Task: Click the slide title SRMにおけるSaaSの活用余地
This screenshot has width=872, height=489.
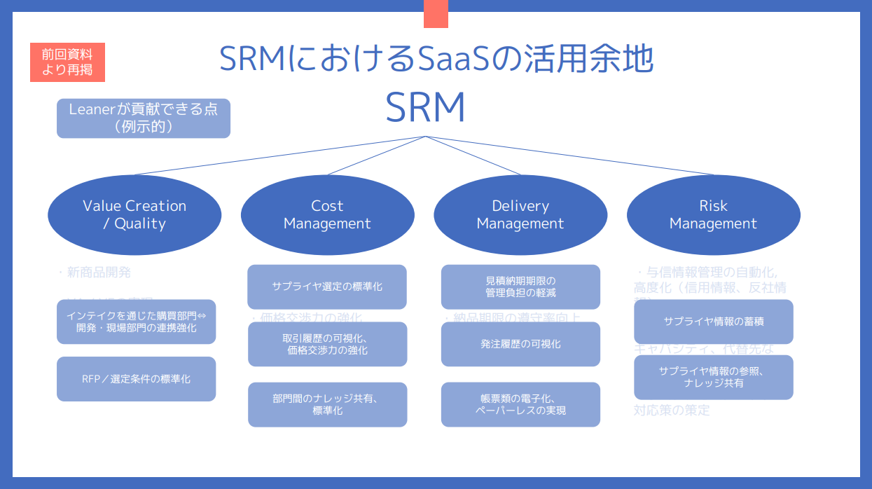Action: click(x=436, y=60)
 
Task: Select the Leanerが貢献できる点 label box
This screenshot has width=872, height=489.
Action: click(x=144, y=118)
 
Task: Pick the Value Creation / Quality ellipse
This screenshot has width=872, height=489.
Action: click(x=134, y=215)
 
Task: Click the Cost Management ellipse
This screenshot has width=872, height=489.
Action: click(x=327, y=215)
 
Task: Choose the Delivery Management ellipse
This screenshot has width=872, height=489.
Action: click(x=520, y=215)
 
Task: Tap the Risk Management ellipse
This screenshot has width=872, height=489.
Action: click(x=713, y=215)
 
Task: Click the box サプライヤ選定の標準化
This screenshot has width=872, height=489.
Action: click(x=327, y=287)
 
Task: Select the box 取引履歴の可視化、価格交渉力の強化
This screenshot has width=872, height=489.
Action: click(x=327, y=344)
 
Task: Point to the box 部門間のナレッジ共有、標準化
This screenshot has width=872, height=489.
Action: click(x=327, y=404)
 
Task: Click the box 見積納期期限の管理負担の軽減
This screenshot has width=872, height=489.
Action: click(x=520, y=287)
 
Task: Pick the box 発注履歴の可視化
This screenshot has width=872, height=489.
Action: click(x=520, y=344)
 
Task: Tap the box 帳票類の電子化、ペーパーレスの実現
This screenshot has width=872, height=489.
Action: click(x=520, y=404)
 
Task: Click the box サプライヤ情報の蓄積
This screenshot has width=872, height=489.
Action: click(x=713, y=322)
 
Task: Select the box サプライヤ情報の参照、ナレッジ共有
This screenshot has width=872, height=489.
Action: click(x=713, y=377)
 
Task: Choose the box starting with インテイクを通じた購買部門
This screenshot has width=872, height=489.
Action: click(x=136, y=322)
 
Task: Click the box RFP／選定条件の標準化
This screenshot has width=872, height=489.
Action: click(x=136, y=379)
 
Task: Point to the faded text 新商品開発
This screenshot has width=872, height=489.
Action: click(x=98, y=272)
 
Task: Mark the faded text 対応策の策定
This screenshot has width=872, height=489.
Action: click(x=672, y=410)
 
